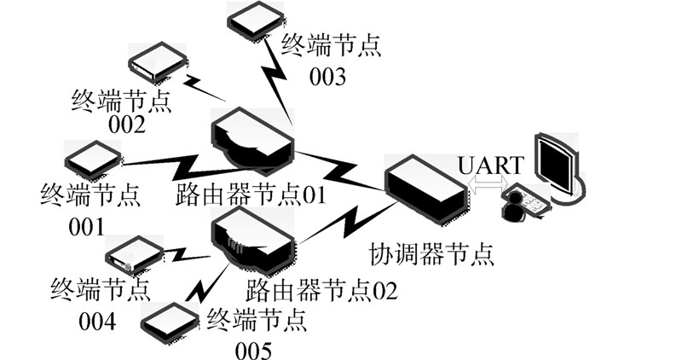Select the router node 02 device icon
click(253, 238)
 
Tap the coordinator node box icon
click(425, 187)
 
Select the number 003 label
click(327, 78)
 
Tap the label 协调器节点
click(431, 253)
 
